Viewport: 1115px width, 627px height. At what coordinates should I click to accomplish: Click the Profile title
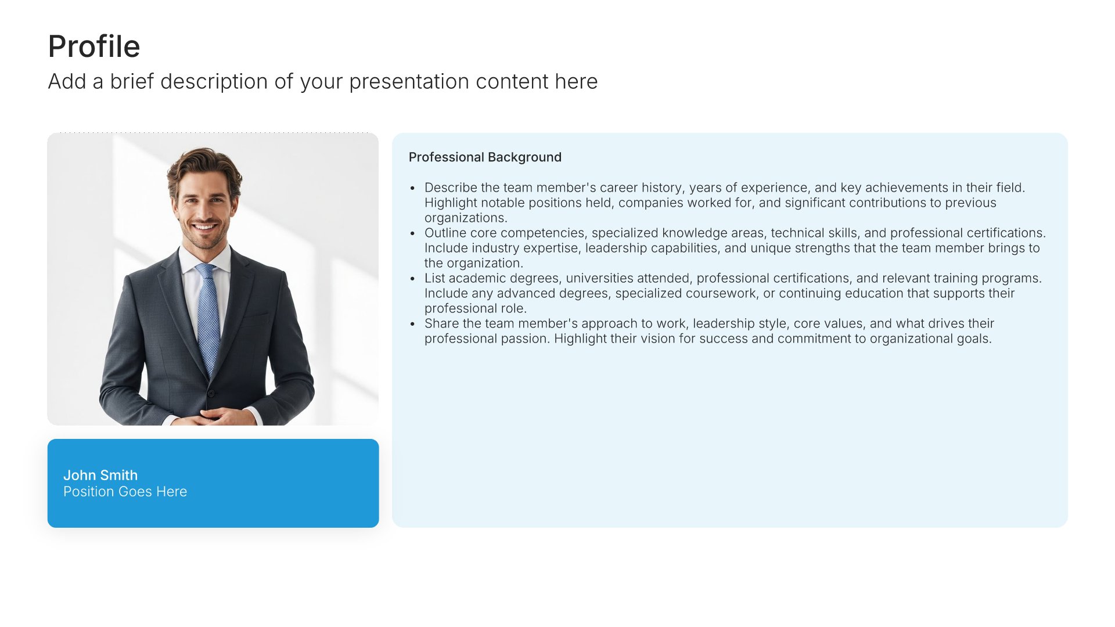[94, 46]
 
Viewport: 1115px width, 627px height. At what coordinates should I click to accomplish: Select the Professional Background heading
[485, 157]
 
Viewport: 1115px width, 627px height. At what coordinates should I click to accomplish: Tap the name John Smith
[100, 475]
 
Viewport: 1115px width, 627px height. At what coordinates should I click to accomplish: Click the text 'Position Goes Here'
[125, 492]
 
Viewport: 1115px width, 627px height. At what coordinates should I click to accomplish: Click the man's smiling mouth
[204, 227]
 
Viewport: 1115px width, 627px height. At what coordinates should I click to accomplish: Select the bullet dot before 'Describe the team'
[412, 188]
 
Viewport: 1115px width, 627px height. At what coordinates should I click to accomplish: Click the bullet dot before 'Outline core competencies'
[412, 233]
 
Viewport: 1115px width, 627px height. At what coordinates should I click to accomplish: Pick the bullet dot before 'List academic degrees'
[412, 279]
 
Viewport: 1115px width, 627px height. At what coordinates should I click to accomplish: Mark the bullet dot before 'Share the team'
[412, 324]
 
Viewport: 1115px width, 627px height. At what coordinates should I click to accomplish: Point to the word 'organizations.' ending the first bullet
[466, 218]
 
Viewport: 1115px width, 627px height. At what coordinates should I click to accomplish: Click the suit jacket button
[211, 393]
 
